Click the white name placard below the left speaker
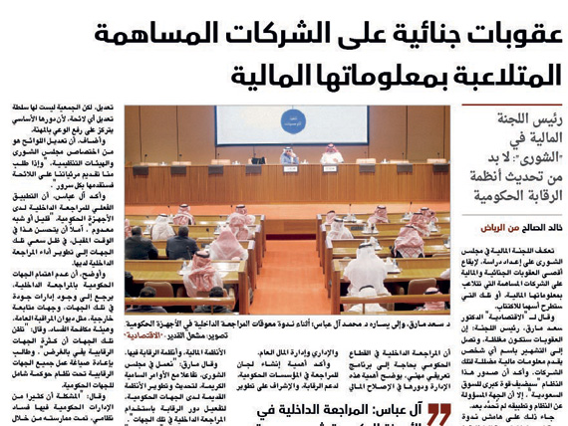tap(289, 169)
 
